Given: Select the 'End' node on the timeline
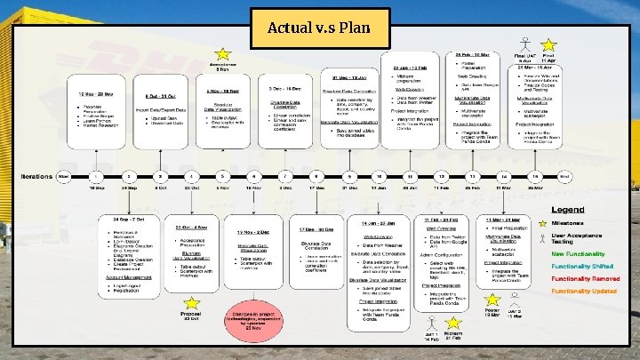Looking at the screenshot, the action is (564, 177).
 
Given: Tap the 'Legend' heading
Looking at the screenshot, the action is (567, 210).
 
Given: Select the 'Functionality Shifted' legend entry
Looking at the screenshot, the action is (582, 267).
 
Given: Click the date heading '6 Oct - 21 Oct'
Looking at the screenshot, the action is (161, 94).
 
